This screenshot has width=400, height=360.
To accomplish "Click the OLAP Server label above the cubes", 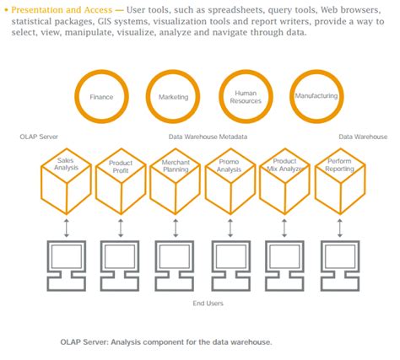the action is pyautogui.click(x=39, y=137).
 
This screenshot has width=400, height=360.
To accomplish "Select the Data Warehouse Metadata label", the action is pyautogui.click(x=208, y=137).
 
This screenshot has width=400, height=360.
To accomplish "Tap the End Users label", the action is pyautogui.click(x=208, y=304).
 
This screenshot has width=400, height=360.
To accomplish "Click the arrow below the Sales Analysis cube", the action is pyautogui.click(x=67, y=228).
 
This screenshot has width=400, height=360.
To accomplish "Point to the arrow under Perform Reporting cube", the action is pyautogui.click(x=340, y=228).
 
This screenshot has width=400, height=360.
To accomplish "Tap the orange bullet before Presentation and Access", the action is pyautogui.click(x=6, y=10).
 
